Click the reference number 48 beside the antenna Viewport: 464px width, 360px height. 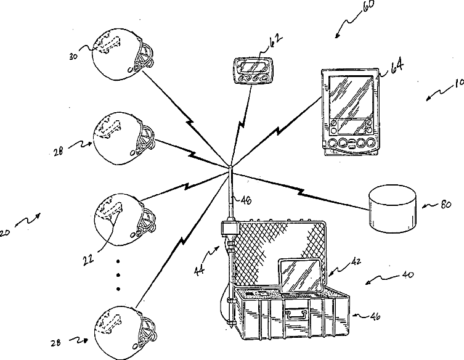(x=246, y=198)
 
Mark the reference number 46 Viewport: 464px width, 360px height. (x=373, y=317)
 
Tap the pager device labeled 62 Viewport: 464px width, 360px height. (x=253, y=70)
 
